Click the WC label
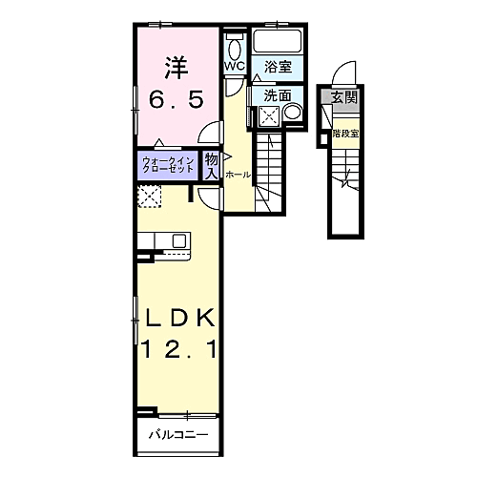coord(236,66)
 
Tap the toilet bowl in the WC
coord(235,49)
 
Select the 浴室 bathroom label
coord(278,67)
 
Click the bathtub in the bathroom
coord(278,41)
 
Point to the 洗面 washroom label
coord(278,95)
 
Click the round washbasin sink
coord(292,113)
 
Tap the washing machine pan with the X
coord(269,114)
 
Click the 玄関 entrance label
coord(344,97)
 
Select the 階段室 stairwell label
coord(345,134)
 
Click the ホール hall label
coord(238,175)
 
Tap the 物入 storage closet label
coord(211,166)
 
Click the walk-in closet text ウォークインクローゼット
coord(168,165)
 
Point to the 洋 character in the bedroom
coord(176,68)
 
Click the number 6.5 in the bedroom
coord(176,99)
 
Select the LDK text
coord(180,318)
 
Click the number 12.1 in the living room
coord(179,349)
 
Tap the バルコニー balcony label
coord(179,434)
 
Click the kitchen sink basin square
coord(179,240)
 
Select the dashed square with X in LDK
coord(150,197)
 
